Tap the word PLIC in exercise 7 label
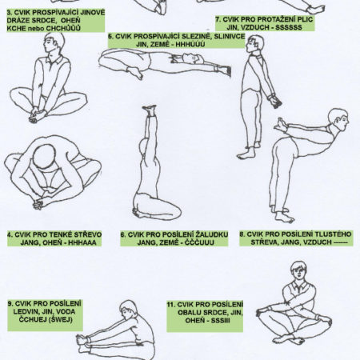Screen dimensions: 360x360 click(304, 19)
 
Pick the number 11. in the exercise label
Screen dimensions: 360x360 click(171, 305)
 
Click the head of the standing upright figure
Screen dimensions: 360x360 click(255, 44)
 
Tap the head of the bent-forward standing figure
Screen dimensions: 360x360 click(338, 120)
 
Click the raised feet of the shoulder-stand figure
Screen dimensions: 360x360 click(150, 110)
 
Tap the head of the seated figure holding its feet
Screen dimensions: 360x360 click(54, 43)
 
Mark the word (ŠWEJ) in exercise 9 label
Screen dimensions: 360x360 click(61, 319)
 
